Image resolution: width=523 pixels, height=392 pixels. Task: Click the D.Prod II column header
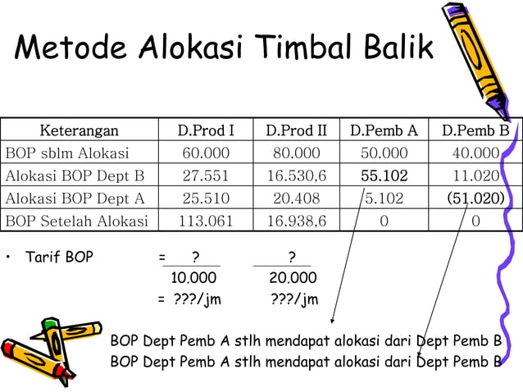(x=296, y=130)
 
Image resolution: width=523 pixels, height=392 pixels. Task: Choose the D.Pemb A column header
(x=384, y=130)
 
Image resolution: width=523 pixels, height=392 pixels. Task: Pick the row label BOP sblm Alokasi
(x=67, y=153)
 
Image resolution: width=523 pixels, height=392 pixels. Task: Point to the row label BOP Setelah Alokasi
(x=77, y=220)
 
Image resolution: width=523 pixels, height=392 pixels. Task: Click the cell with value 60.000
(x=206, y=153)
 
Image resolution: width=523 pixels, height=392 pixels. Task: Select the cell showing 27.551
(x=206, y=175)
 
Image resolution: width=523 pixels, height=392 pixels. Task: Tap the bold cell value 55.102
(x=384, y=175)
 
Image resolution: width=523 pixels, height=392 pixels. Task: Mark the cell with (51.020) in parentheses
(x=475, y=198)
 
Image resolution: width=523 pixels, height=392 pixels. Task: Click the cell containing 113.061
(x=206, y=220)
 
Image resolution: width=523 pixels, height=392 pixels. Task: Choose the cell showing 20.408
(x=296, y=198)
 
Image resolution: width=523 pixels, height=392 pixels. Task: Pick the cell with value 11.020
(x=475, y=175)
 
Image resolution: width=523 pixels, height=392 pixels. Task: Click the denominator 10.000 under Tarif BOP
(x=193, y=278)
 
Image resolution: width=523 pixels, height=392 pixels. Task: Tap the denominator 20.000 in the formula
(x=293, y=278)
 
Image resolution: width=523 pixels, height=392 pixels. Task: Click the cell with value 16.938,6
(x=296, y=220)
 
